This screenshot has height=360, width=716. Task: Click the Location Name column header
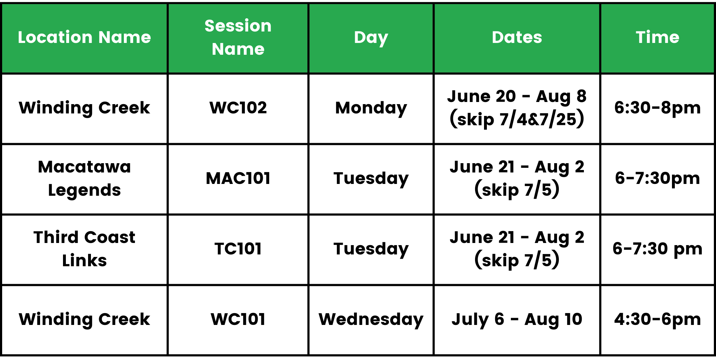[x=84, y=37]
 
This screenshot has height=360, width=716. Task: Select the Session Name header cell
[x=238, y=37]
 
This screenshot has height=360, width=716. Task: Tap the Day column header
[x=371, y=38]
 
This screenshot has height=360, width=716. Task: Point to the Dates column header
[x=517, y=37]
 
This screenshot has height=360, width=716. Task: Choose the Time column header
[x=658, y=37]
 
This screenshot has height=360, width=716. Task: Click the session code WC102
[x=238, y=108]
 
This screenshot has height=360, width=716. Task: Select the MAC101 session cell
[x=238, y=178]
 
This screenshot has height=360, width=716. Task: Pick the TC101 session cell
[x=238, y=249]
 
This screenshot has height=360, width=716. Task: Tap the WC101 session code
[x=238, y=319]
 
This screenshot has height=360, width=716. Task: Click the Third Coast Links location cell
[x=84, y=249]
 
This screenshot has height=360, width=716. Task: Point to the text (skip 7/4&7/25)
[x=517, y=119]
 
